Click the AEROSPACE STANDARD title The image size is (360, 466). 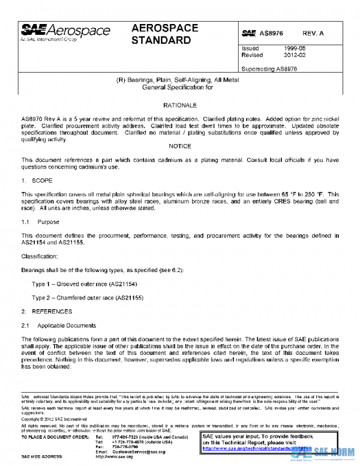pos(161,35)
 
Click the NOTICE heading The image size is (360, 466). pos(180,146)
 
